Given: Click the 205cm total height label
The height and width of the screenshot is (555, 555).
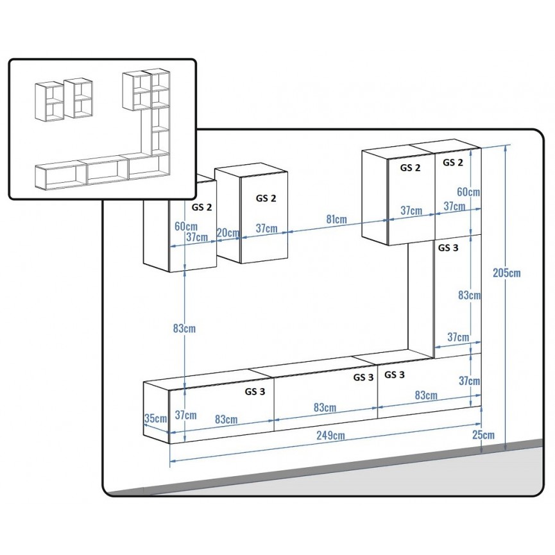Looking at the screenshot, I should click(507, 273).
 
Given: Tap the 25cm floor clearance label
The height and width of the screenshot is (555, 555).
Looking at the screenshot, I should click(484, 435).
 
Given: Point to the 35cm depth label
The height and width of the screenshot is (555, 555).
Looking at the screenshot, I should click(155, 418).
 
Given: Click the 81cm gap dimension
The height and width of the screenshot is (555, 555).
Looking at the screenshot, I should click(336, 219).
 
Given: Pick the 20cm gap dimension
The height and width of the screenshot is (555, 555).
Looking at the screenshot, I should click(228, 232).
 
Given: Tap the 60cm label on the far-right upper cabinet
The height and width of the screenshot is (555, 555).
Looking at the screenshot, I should click(469, 192).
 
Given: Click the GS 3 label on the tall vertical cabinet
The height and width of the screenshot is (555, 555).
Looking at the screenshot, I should click(448, 247).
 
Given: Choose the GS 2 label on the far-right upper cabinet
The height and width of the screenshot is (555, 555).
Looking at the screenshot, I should click(452, 163).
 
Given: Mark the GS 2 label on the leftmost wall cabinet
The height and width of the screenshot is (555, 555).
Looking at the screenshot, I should click(201, 207).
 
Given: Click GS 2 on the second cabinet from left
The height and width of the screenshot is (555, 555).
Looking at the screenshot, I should click(266, 198).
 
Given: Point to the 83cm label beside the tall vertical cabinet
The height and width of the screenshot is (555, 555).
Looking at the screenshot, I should click(469, 295).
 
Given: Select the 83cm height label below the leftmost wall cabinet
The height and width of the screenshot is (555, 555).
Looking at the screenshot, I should click(184, 329).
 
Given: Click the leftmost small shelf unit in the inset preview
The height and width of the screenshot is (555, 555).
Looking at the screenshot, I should click(49, 101).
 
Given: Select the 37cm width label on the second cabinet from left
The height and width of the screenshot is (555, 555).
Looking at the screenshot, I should click(266, 228).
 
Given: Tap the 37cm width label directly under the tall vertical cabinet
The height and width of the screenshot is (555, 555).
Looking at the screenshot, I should click(457, 337).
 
